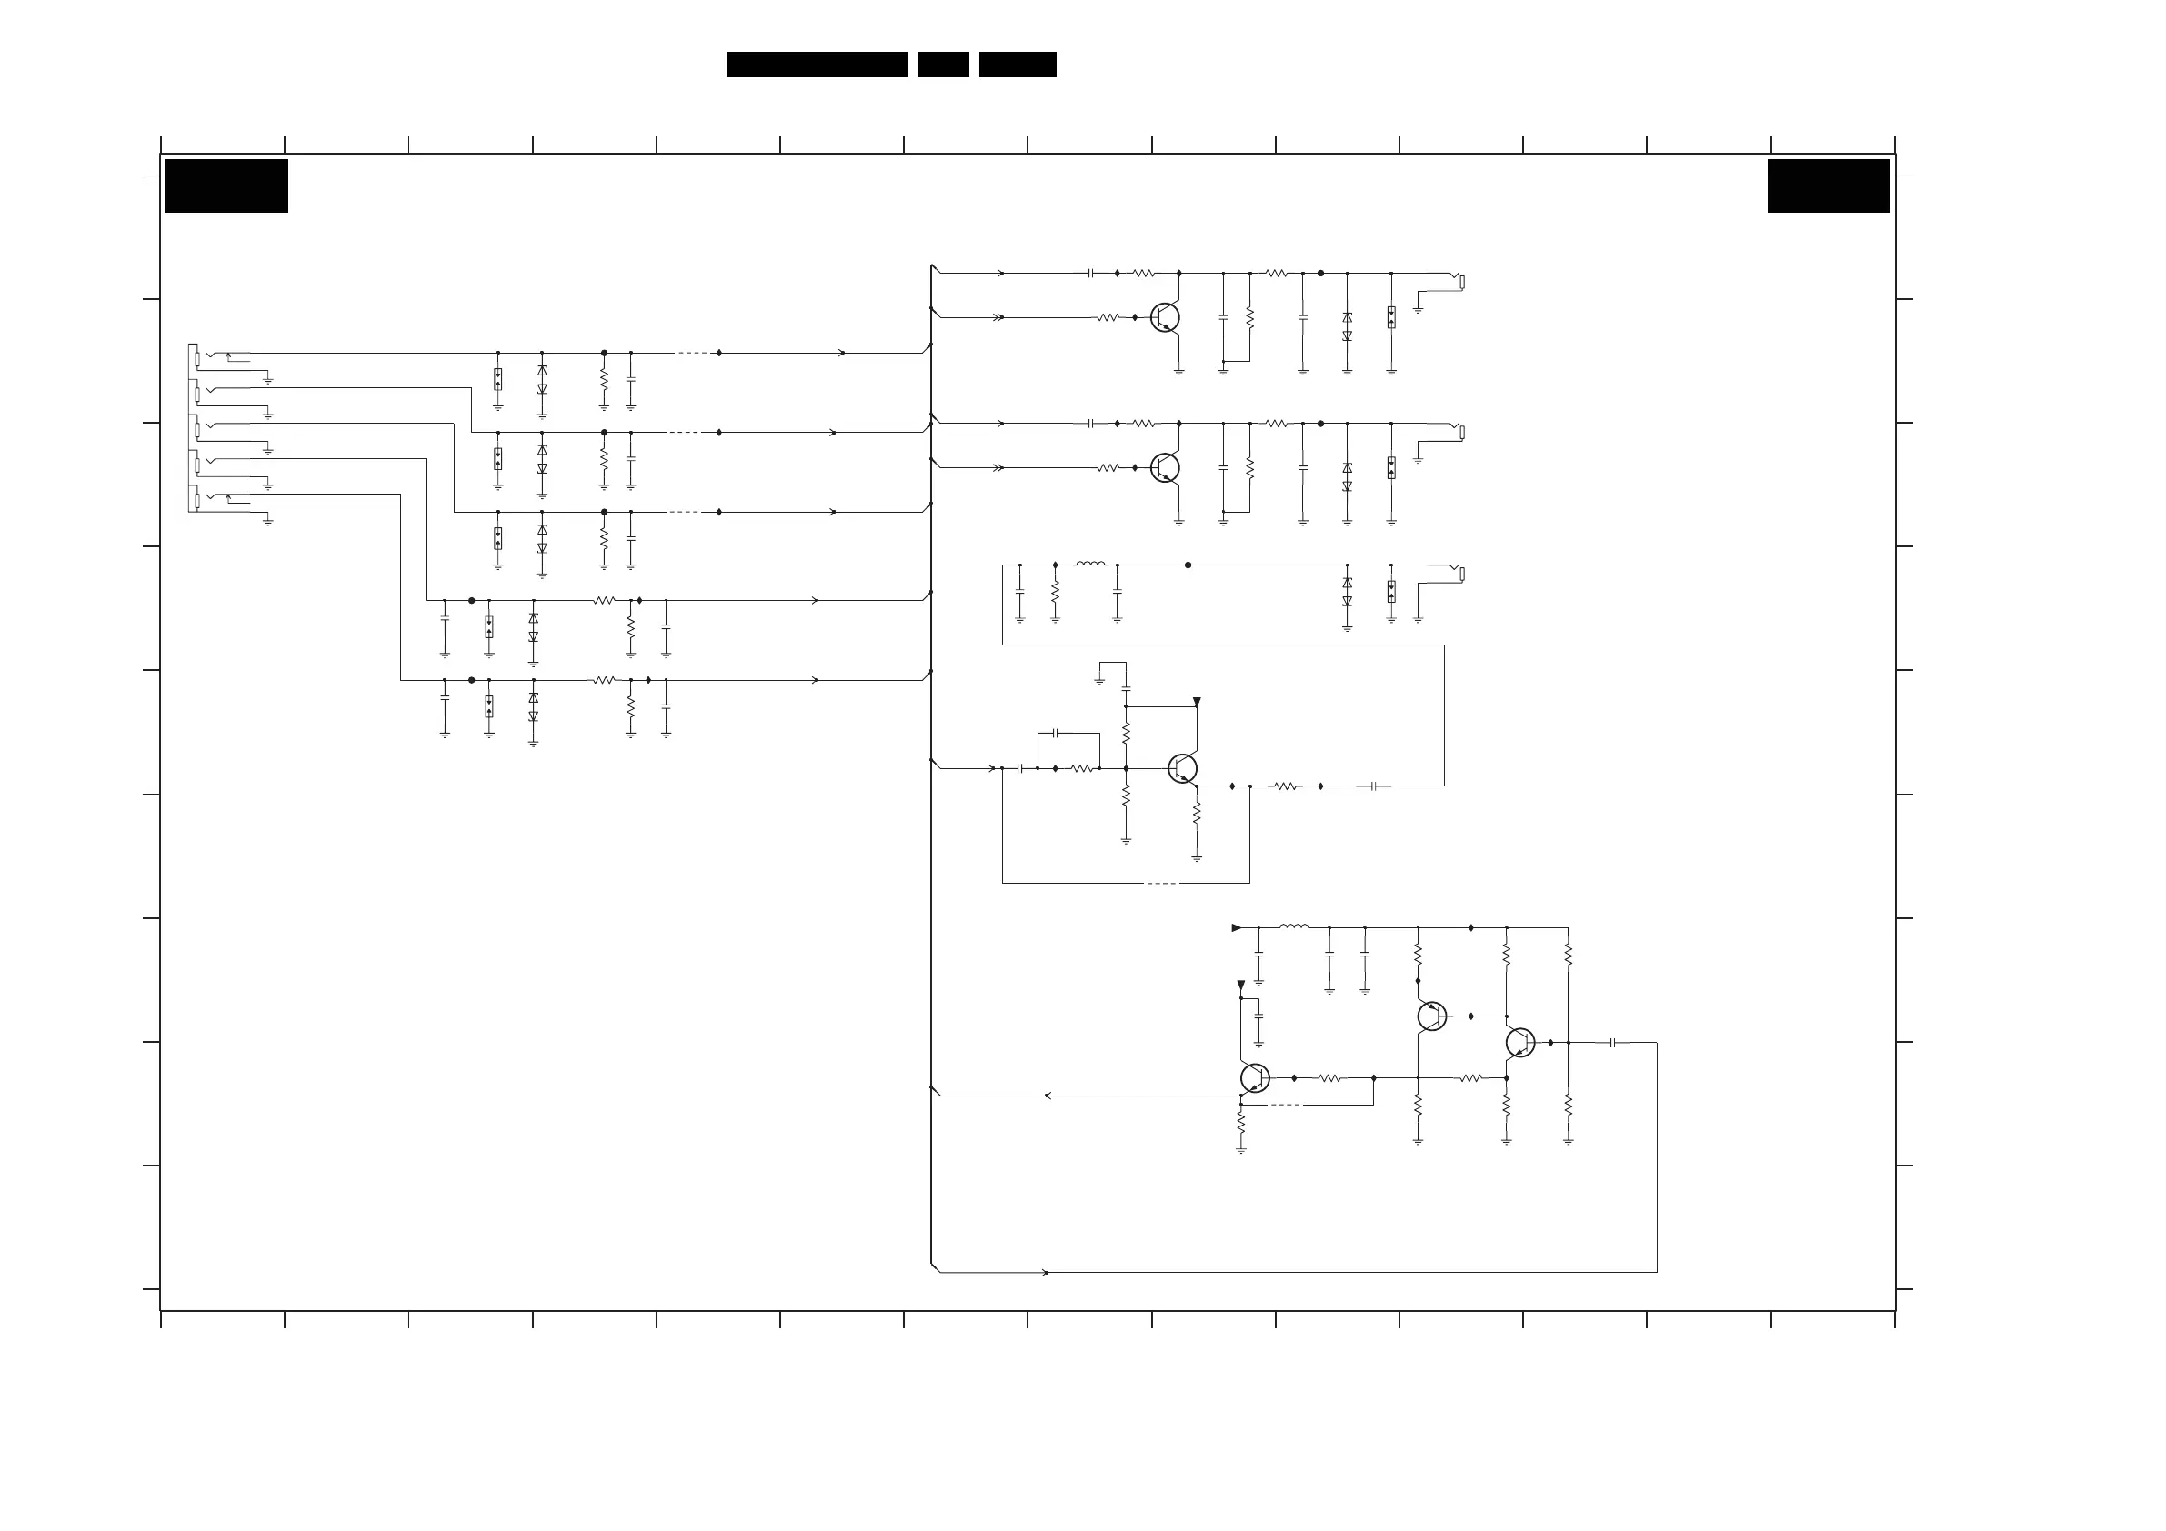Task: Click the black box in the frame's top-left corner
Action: (x=226, y=185)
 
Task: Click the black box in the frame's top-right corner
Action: (x=1829, y=185)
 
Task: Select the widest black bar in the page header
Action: (x=816, y=65)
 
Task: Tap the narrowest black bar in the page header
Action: (x=942, y=65)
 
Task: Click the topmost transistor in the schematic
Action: (x=1165, y=317)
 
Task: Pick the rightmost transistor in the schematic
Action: (x=1519, y=1043)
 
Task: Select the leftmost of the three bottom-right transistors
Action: (x=1254, y=1077)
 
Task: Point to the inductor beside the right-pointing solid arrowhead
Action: (x=1293, y=927)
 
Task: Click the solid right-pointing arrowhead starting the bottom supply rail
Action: (x=1237, y=927)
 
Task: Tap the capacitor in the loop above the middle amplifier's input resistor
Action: (x=1056, y=733)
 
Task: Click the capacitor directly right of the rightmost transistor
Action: (x=1613, y=1043)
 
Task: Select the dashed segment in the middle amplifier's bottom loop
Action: (x=1161, y=883)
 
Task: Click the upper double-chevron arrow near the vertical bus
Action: (x=998, y=317)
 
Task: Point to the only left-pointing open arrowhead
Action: (x=1048, y=1096)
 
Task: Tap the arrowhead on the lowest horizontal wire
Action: (x=1044, y=1273)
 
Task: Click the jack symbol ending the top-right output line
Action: (x=1459, y=281)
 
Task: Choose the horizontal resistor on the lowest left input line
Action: (x=604, y=680)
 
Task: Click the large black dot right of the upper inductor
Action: (x=1188, y=565)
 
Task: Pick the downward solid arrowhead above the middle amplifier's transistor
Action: (x=1196, y=702)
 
